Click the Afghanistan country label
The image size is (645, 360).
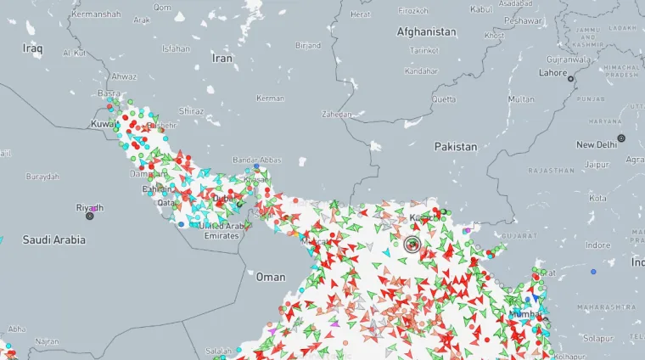(426, 31)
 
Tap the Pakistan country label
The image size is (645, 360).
(456, 146)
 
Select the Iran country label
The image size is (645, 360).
(222, 59)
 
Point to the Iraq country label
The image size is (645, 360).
(32, 48)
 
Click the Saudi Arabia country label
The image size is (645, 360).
(54, 239)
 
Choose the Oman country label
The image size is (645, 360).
(271, 277)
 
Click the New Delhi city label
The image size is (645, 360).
(597, 144)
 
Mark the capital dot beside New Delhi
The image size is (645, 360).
(621, 138)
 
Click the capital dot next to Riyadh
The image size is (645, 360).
(90, 216)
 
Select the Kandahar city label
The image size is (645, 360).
(421, 71)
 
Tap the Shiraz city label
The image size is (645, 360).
(191, 111)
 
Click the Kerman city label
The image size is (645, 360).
(270, 98)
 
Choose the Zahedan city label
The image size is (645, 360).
(336, 114)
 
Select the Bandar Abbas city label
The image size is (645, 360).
(257, 159)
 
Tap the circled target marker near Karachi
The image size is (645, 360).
(413, 245)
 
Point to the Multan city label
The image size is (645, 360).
(521, 99)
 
